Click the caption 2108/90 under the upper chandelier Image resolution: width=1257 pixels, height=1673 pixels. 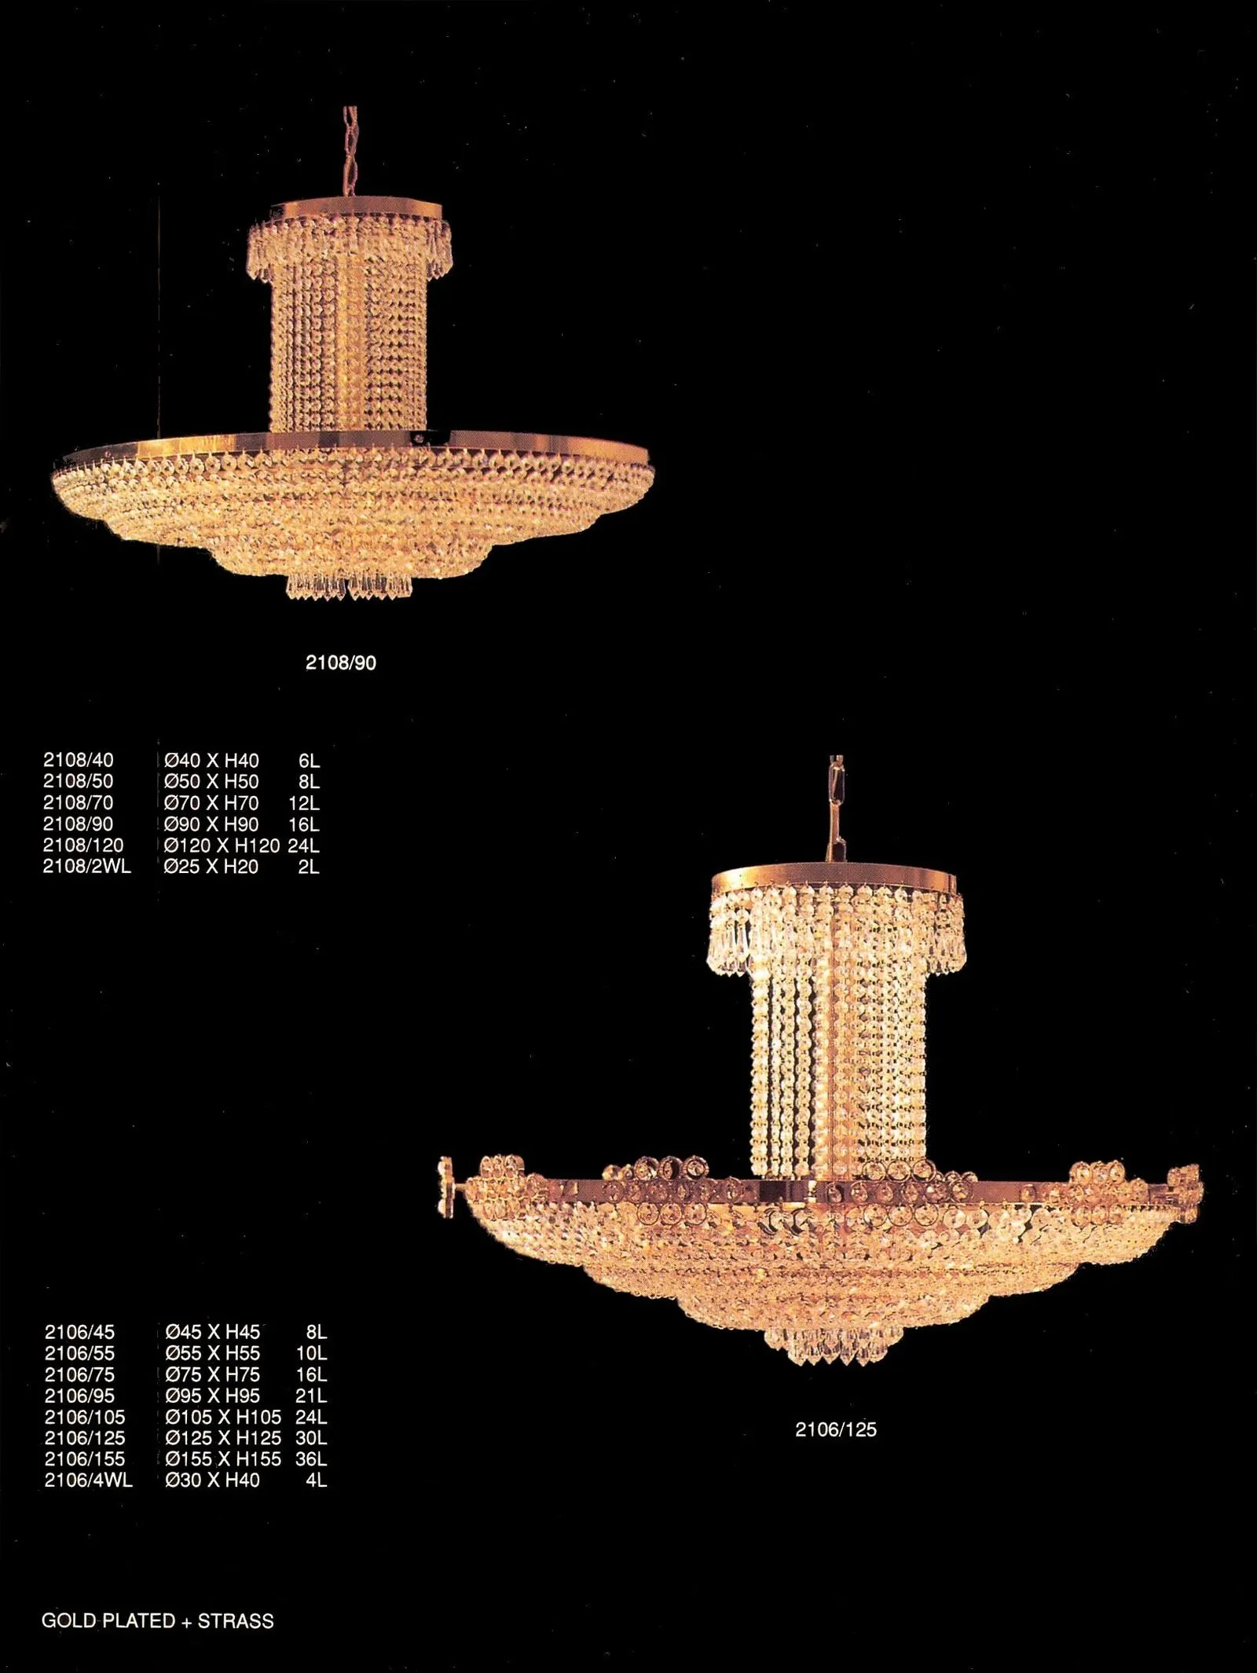[x=340, y=662]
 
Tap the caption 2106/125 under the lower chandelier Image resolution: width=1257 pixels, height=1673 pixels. [x=835, y=1429]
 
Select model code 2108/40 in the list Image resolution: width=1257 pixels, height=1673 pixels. [x=78, y=760]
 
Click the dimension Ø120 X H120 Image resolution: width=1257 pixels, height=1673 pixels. [x=222, y=846]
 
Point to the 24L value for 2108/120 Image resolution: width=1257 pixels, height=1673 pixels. [x=303, y=846]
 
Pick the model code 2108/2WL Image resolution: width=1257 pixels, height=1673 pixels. [x=86, y=867]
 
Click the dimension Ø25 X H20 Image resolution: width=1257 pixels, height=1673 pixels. [x=211, y=867]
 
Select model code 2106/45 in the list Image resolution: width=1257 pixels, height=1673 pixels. [x=79, y=1332]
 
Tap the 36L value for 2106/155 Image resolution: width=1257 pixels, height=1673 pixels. [x=311, y=1459]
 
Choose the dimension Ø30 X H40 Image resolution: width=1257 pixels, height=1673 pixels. [x=212, y=1480]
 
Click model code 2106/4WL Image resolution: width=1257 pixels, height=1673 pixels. [x=88, y=1480]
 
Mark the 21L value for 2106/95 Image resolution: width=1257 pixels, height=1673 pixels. [x=311, y=1396]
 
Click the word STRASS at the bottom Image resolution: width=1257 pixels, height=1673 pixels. [x=236, y=1621]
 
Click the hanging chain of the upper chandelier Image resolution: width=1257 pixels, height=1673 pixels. [x=350, y=153]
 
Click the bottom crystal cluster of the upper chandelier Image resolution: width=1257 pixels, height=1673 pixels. [x=350, y=585]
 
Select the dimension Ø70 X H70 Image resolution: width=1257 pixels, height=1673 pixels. [x=211, y=803]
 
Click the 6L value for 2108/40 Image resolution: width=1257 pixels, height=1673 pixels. [x=309, y=761]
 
